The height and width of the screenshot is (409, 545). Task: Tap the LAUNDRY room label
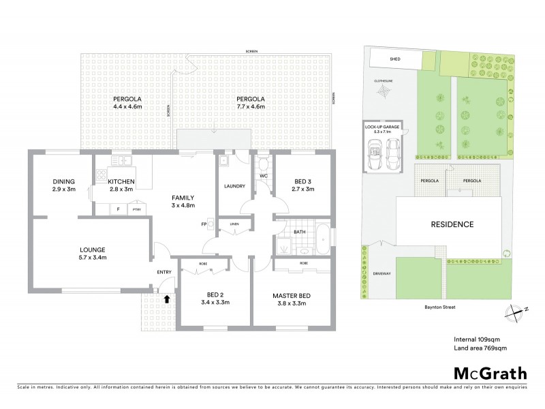tap(234, 187)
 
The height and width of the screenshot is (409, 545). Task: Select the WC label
tap(262, 177)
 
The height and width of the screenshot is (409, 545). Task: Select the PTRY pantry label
tap(137, 209)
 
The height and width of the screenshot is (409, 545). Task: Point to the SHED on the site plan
tap(394, 59)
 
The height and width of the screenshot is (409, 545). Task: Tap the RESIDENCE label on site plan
tap(452, 224)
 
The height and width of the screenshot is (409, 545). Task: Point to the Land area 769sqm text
tap(480, 348)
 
